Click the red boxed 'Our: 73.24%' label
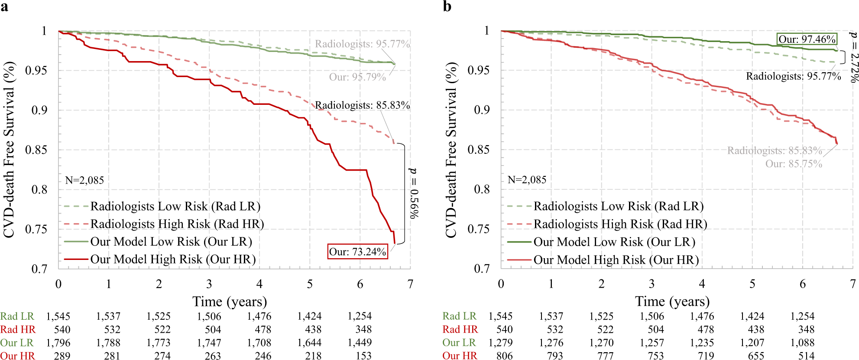point(357,252)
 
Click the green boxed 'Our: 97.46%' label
point(807,39)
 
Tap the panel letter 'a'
point(4,6)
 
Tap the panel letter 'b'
point(447,6)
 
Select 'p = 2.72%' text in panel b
point(854,57)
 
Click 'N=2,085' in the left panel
point(84,180)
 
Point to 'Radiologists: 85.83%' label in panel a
point(362,105)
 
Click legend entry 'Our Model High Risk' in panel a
point(172,259)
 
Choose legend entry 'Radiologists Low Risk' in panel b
point(618,206)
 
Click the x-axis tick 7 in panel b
point(853,284)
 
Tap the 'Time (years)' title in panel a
point(230,302)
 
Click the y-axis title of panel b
point(451,150)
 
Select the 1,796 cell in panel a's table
point(58,343)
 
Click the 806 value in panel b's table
point(504,356)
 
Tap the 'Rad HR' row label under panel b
point(460,329)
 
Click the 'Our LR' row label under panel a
point(16,343)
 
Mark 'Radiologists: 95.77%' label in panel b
point(793,76)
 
